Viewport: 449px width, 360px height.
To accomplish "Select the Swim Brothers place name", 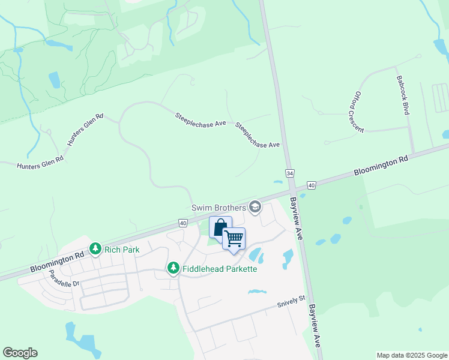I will [218, 208].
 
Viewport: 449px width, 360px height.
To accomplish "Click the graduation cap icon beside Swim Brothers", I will [255, 207].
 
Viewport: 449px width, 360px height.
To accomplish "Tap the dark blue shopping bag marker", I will [220, 227].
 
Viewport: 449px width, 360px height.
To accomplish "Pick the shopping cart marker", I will [234, 238].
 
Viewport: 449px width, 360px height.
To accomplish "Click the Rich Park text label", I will [122, 248].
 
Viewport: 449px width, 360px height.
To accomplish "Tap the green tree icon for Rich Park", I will [95, 248].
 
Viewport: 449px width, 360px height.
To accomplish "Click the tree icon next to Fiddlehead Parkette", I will [173, 268].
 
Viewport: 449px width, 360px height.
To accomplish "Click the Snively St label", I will [292, 302].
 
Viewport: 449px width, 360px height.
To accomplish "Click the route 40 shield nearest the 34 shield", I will [311, 185].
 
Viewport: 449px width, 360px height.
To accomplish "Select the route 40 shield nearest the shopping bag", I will [182, 223].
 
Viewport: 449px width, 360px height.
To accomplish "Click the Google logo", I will [20, 352].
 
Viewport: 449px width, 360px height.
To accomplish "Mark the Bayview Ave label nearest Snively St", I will [315, 325].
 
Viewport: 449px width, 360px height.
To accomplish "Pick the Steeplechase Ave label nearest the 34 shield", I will [258, 137].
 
